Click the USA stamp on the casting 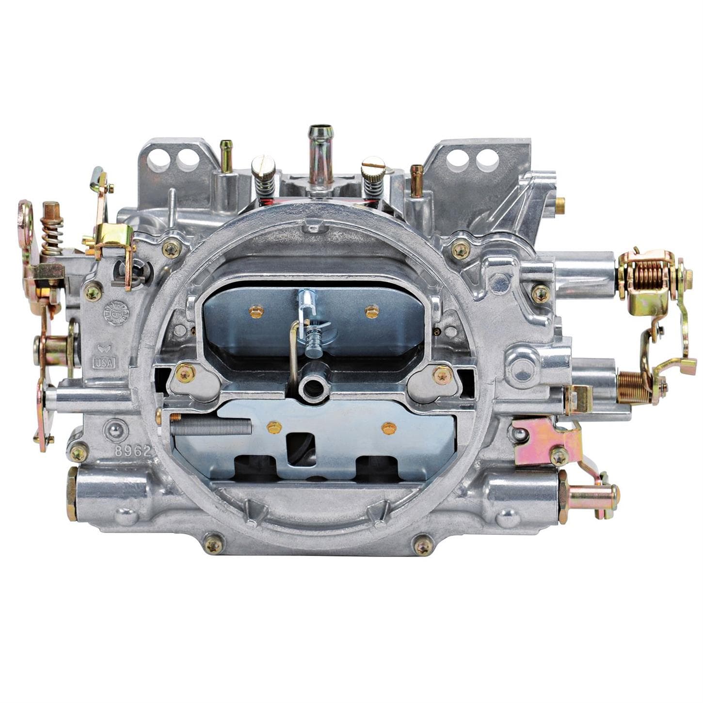[x=104, y=362]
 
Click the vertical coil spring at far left [x=51, y=235]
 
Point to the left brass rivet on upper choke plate [x=256, y=311]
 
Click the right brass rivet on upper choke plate [x=372, y=311]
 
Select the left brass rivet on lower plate [x=274, y=427]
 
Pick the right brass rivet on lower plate [x=389, y=428]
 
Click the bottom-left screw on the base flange [x=213, y=545]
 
